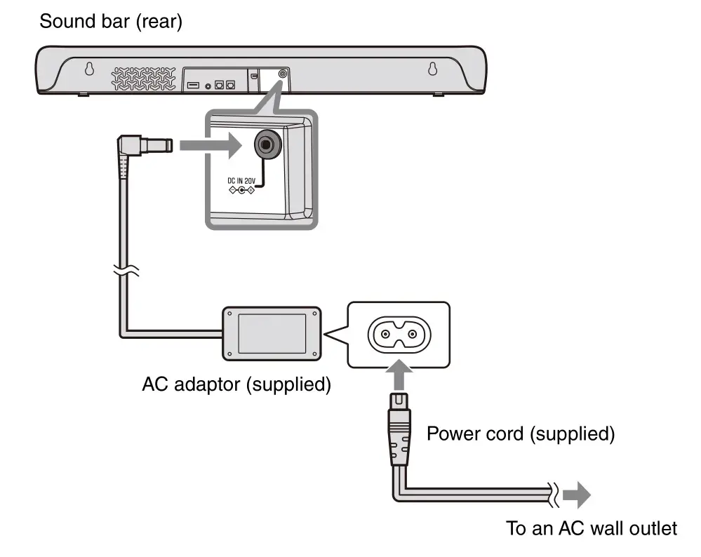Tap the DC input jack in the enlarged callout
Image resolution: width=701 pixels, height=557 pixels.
tap(265, 145)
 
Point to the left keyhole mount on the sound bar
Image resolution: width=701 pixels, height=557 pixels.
tap(89, 69)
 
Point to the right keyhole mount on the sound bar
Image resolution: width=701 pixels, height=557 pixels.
tap(433, 69)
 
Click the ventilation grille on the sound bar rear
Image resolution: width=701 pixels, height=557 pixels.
tap(144, 78)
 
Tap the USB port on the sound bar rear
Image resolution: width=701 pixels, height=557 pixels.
tap(193, 85)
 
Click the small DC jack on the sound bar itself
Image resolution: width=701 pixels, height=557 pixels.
tap(283, 73)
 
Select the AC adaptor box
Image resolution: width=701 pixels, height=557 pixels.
tap(272, 333)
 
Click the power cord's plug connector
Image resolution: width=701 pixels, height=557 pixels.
tap(397, 435)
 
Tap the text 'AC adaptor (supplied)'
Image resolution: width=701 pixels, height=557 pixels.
tap(236, 385)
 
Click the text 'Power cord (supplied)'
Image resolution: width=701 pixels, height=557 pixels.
tap(521, 434)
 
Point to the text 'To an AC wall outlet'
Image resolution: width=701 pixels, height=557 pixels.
tap(592, 528)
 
